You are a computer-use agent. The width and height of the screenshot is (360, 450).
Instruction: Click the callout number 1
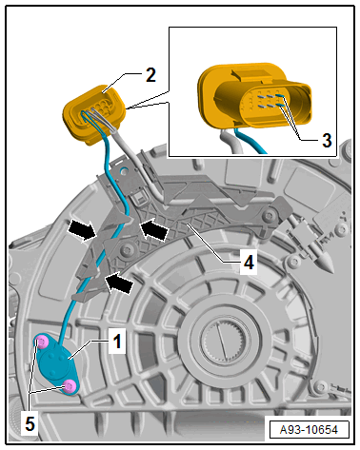pos(117,342)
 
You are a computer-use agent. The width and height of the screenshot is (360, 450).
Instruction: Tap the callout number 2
pos(150,75)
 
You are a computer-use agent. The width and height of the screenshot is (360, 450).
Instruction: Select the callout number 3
pos(327,140)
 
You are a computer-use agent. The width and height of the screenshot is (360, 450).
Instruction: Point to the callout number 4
pos(249,263)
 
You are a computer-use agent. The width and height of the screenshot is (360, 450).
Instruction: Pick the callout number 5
pos(30,423)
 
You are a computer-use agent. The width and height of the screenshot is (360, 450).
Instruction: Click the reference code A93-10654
pos(309,430)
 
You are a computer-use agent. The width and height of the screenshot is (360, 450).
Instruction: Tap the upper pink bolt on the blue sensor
pos(42,342)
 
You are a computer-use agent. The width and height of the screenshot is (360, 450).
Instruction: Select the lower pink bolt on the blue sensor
pos(69,386)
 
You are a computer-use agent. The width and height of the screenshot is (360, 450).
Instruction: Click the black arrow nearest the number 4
pos(154,228)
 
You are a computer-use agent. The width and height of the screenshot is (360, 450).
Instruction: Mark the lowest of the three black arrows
pos(119,283)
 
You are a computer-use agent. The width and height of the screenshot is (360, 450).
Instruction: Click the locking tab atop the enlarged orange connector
pos(250,74)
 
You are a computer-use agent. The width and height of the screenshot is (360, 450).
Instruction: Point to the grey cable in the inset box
pos(230,142)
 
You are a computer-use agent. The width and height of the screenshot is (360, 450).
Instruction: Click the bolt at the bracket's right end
pos(270,216)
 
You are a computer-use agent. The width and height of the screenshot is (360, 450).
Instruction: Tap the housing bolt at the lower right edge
pos(319,386)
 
